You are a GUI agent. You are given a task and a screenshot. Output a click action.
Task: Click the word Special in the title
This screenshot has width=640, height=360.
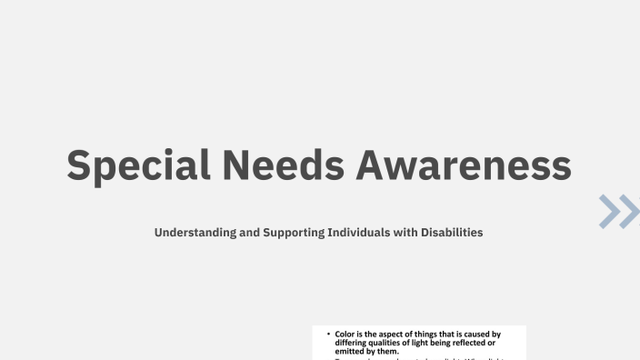coord(138,165)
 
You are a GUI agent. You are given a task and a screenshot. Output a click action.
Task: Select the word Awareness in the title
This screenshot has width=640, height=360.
coord(463,165)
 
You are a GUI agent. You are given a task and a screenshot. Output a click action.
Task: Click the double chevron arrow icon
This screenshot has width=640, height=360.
coord(619,211)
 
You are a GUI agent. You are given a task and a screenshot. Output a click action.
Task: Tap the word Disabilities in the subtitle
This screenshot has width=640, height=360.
coord(451,233)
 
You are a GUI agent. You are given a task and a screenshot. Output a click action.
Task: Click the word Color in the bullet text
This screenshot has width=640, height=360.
coord(345,335)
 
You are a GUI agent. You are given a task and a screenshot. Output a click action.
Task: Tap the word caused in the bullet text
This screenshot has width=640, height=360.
coord(481,335)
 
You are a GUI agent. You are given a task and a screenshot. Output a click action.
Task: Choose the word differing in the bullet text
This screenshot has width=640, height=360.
coord(353,343)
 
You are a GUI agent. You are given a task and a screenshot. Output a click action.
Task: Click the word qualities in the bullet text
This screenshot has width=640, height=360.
coord(393,343)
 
